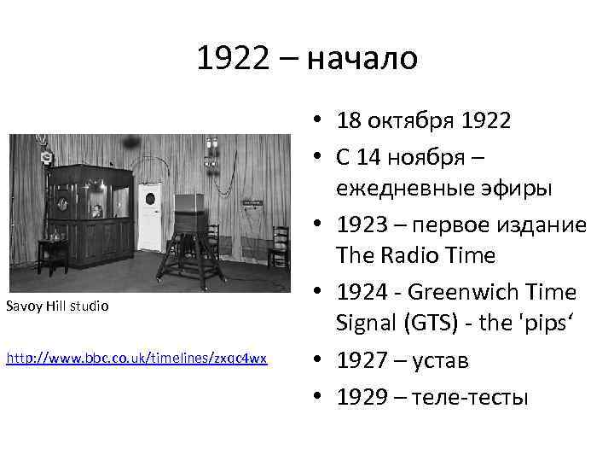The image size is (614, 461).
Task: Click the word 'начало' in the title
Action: tap(362, 59)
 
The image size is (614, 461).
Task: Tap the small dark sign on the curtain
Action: tap(253, 202)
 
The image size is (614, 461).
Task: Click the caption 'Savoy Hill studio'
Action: tap(57, 305)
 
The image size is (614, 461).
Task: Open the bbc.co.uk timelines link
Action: tap(136, 359)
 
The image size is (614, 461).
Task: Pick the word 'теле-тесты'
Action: tap(471, 398)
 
